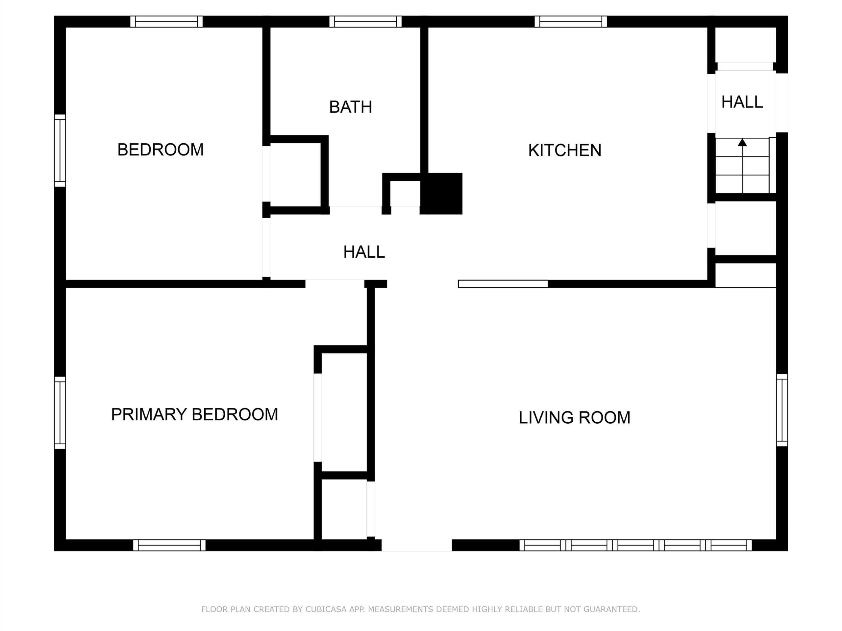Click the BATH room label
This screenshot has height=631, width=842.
click(351, 107)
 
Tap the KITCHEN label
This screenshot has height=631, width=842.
click(565, 150)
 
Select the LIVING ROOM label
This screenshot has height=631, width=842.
click(574, 418)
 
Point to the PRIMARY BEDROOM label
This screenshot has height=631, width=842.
click(194, 414)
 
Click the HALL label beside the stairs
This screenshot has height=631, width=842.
click(742, 102)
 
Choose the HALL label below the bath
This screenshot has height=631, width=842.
click(364, 252)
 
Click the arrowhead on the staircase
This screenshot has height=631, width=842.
click(742, 143)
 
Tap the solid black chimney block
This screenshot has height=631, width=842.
click(441, 194)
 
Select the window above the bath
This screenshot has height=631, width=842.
click(365, 22)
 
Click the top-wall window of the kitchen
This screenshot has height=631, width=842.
click(571, 22)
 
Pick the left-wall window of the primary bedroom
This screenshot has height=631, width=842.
click(60, 413)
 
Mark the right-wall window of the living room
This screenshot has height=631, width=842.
click(782, 410)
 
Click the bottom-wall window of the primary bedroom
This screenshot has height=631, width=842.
click(169, 545)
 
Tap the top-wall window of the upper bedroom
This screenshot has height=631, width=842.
click(166, 22)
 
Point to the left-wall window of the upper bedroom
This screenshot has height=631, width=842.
click(60, 151)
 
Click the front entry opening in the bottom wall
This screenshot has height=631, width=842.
click(417, 545)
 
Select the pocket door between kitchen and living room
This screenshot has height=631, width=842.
click(503, 284)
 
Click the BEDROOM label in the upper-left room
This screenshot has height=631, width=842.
click(161, 150)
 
